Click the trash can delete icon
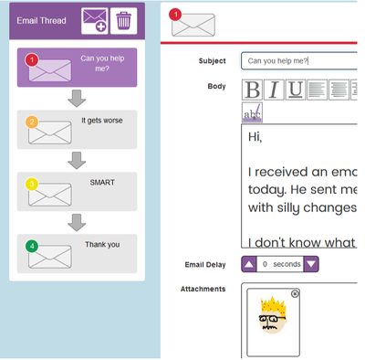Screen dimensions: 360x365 click(123, 19)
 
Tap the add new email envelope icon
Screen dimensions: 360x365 click(95, 19)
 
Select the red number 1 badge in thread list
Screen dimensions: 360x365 click(32, 59)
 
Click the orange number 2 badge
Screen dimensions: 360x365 click(32, 122)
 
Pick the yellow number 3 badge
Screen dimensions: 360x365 click(32, 184)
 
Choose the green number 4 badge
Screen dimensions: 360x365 click(32, 246)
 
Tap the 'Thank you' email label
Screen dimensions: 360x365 click(102, 244)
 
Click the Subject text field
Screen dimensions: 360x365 click(298, 61)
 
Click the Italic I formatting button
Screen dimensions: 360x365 click(273, 89)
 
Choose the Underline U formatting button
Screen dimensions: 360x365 click(295, 89)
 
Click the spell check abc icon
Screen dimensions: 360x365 click(252, 112)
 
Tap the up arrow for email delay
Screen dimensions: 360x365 click(249, 264)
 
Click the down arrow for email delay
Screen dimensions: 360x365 click(311, 264)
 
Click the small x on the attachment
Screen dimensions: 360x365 click(295, 293)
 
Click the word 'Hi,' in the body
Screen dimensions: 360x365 click(255, 137)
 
